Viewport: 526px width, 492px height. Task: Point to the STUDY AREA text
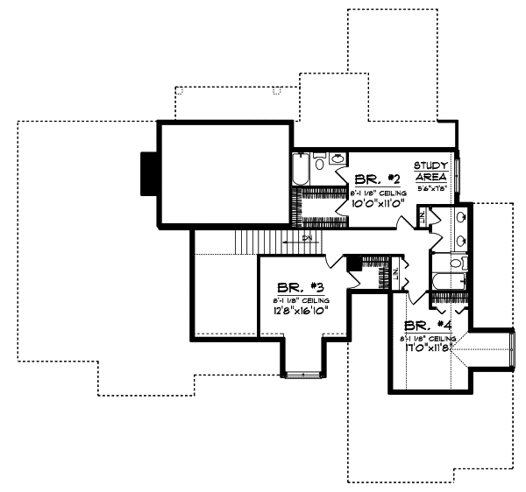[431, 171]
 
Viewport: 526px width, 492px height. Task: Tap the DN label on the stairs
[307, 237]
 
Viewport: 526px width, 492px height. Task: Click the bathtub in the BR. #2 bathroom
[300, 170]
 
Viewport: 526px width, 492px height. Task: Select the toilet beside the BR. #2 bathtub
[319, 163]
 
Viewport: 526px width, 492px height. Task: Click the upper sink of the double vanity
[461, 216]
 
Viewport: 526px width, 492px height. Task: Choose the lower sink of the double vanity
[461, 240]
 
